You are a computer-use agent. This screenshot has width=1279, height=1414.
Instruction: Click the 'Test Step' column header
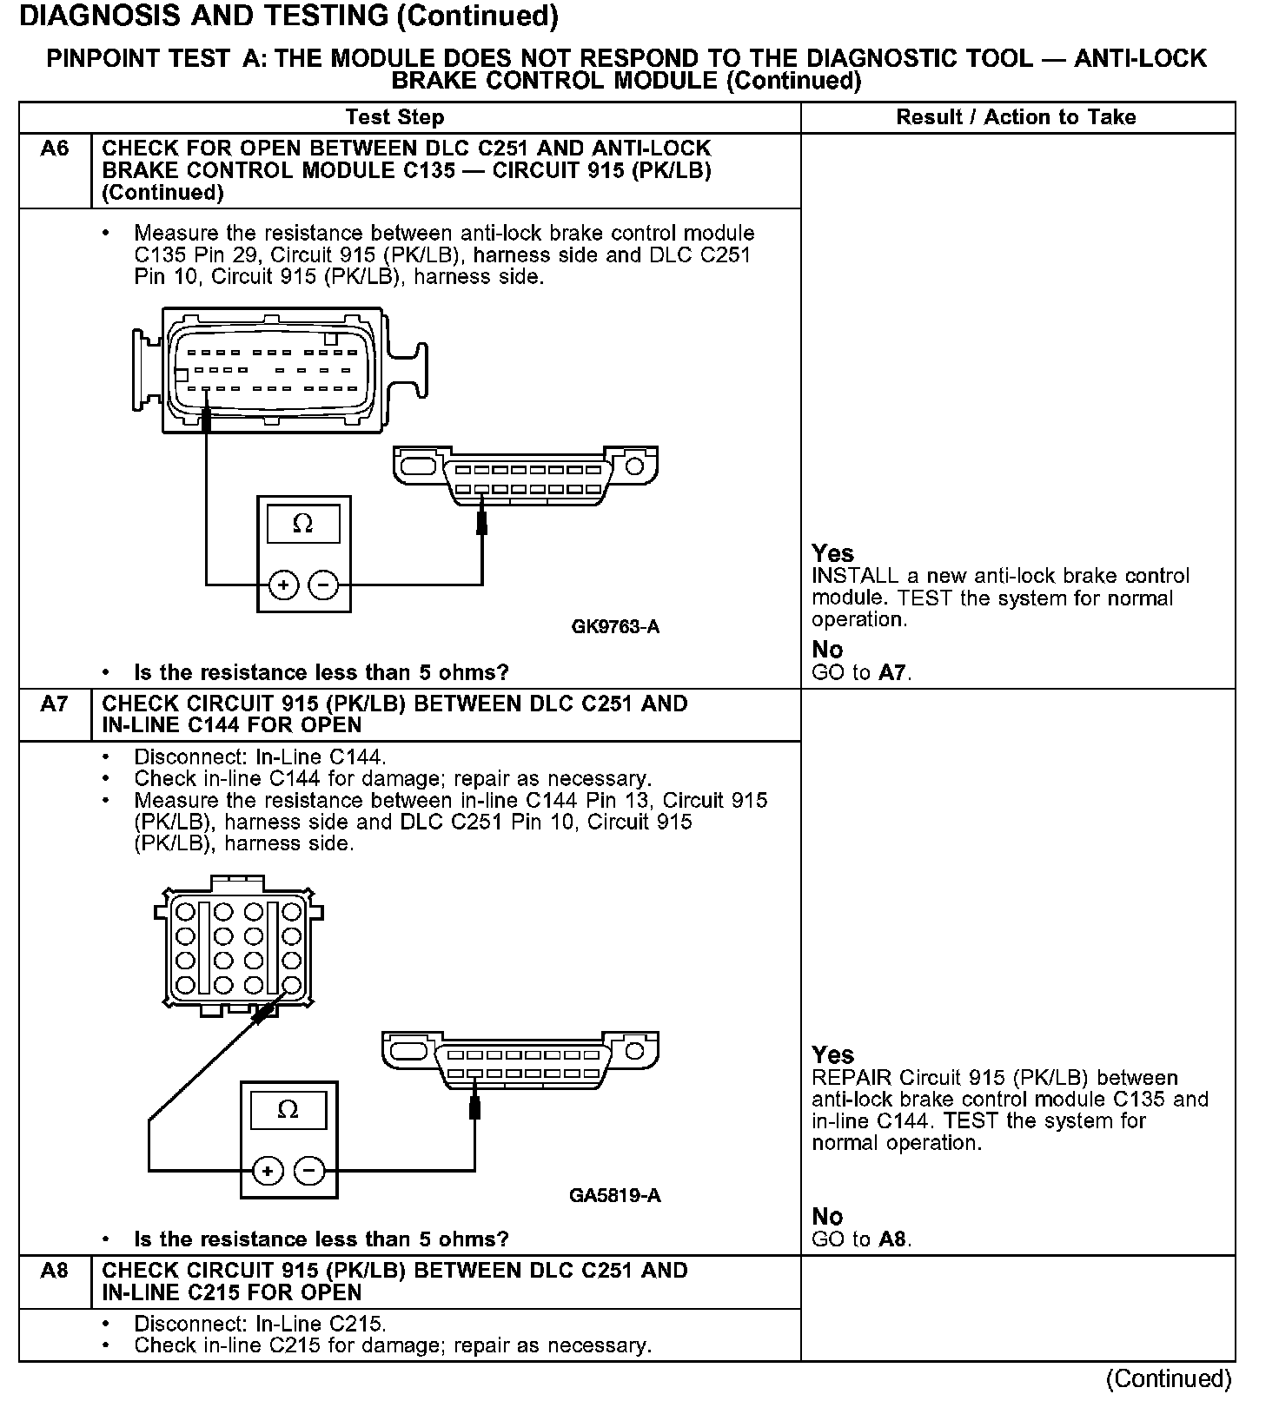394,117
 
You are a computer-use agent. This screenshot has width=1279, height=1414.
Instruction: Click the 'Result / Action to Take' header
1016,117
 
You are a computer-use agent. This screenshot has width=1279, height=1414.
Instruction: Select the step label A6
54,149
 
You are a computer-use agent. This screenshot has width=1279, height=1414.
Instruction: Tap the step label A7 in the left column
54,704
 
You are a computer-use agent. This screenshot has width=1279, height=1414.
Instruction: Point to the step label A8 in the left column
54,1271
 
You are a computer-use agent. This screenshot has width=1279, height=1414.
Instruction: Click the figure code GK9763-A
615,626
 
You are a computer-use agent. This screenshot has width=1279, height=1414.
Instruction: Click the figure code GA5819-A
615,1195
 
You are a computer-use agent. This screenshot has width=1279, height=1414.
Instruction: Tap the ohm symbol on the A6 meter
303,524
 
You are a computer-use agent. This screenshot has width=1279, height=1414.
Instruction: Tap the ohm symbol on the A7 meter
288,1110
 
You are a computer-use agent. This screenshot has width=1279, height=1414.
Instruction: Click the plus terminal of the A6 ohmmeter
284,585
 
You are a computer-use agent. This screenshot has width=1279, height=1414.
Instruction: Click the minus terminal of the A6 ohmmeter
323,585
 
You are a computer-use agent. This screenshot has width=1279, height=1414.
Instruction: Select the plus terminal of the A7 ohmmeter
268,1172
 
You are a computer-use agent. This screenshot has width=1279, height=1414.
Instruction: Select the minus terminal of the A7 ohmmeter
309,1172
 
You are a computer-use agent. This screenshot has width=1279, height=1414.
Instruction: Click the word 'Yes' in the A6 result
832,553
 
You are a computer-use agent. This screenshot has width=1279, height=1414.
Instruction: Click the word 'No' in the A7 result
827,1217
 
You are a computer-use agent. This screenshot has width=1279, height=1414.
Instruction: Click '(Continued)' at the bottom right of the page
1169,1378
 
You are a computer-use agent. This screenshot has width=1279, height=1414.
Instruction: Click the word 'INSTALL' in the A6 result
854,576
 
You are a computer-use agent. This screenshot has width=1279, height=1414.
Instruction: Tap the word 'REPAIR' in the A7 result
852,1078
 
